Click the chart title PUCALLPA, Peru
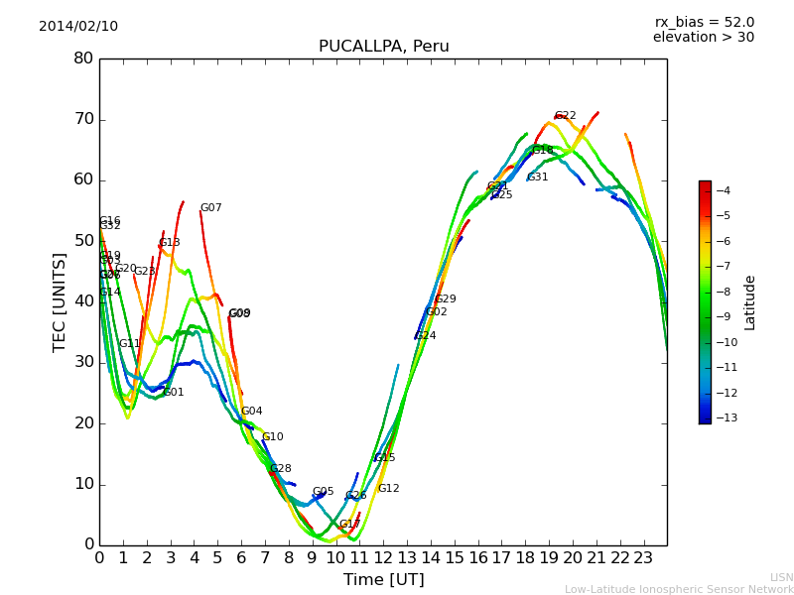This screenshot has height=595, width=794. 383,47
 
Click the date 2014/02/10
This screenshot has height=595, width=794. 78,27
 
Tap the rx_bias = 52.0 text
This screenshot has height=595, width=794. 704,22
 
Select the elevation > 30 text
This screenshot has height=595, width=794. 704,38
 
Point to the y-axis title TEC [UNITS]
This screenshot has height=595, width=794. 60,301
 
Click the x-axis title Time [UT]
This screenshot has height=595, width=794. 383,580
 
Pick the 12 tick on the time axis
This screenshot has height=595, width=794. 383,557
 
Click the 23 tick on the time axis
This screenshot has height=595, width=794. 643,557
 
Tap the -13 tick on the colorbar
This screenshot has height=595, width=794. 724,417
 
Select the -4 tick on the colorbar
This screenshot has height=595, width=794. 724,190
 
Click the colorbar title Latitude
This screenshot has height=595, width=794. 750,301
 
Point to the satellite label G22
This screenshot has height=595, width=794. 565,116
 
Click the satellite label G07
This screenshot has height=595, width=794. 210,208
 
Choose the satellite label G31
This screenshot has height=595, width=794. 537,178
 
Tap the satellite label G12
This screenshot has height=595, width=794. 388,489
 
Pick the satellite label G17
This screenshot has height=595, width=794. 349,525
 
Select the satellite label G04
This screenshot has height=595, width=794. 251,412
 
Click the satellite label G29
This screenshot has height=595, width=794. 446,299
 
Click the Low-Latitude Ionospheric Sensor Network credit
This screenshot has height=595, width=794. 679,589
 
